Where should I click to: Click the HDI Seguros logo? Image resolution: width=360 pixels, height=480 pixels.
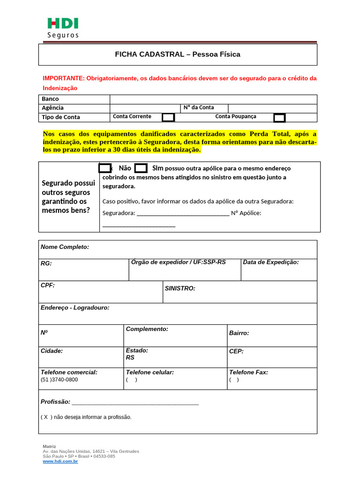(63, 28)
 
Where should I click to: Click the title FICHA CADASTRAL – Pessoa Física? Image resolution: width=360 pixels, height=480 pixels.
(178, 54)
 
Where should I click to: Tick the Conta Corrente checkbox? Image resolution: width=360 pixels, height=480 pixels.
(168, 117)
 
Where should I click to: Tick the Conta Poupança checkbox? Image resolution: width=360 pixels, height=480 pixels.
(279, 117)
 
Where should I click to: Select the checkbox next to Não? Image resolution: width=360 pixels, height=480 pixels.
(105, 168)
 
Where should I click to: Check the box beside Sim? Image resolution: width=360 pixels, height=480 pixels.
(141, 168)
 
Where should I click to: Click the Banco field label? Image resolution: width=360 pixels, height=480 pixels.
(50, 99)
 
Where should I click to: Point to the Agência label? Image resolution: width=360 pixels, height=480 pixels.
(52, 108)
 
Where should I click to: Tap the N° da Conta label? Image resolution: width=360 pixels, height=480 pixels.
(199, 107)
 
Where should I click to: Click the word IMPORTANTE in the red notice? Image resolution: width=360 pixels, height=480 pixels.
(63, 78)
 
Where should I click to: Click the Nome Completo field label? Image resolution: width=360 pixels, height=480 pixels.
(65, 247)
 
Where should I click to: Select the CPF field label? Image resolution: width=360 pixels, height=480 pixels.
(48, 285)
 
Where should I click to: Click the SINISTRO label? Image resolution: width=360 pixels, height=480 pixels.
(180, 288)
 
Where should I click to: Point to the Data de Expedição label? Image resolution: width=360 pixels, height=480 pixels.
(270, 262)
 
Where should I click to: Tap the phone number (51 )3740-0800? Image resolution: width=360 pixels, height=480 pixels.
(60, 380)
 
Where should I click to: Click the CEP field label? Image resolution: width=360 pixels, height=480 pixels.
(236, 351)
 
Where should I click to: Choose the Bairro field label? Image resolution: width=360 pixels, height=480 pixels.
(239, 333)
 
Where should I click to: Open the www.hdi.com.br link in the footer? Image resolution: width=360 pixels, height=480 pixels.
(60, 462)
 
